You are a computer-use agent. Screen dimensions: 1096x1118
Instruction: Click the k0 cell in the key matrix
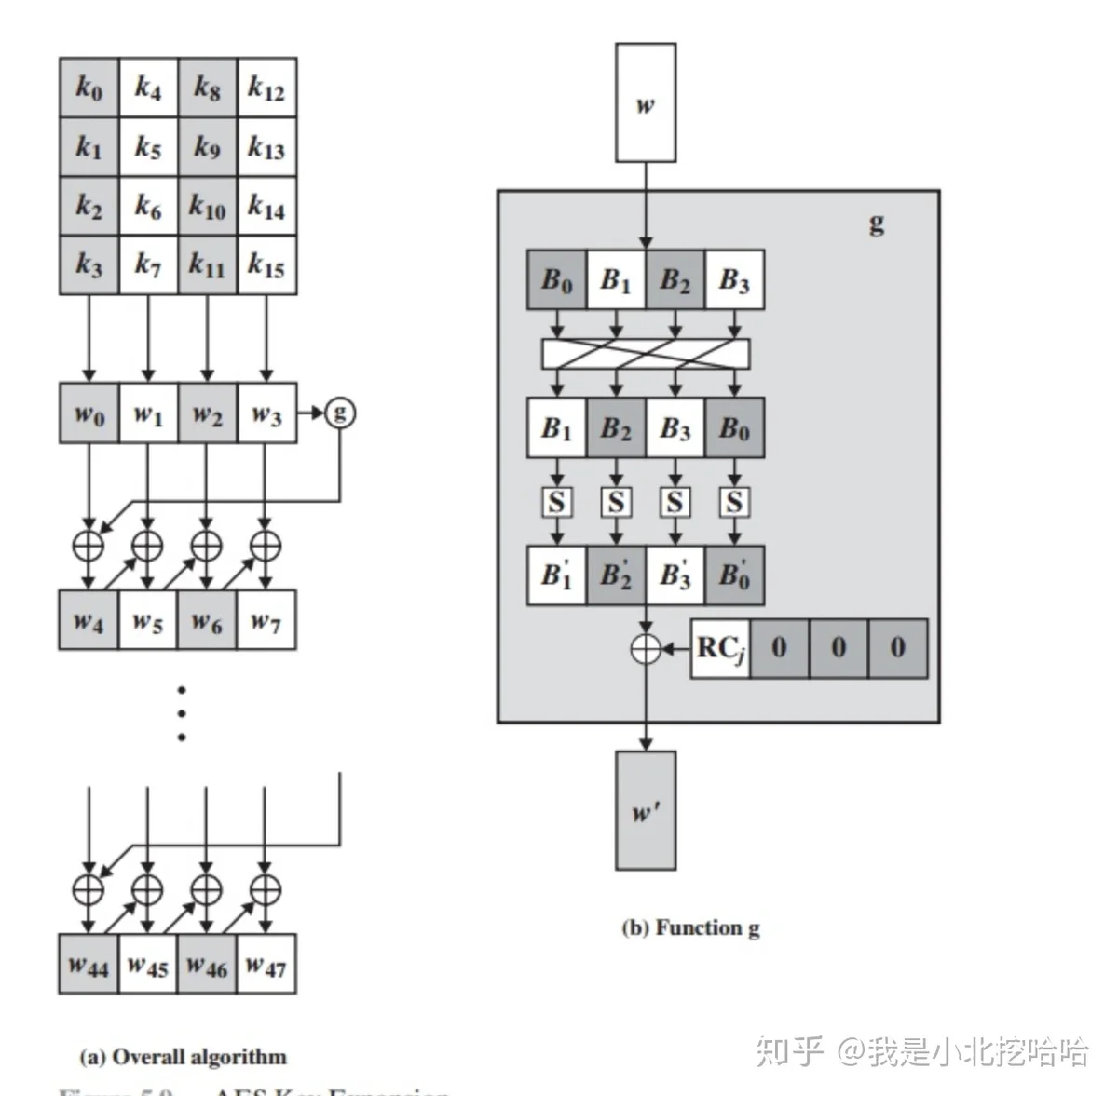[x=89, y=88]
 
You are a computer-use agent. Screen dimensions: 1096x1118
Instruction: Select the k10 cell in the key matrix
[x=207, y=207]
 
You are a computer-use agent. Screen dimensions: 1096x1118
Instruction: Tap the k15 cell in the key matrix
[x=266, y=266]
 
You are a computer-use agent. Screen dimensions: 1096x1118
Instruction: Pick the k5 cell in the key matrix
[x=148, y=147]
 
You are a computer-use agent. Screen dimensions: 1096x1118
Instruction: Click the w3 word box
[x=266, y=413]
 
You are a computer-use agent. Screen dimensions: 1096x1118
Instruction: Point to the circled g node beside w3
[x=340, y=412]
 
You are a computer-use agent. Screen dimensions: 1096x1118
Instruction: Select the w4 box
[x=89, y=619]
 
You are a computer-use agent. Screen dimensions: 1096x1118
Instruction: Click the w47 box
[x=266, y=964]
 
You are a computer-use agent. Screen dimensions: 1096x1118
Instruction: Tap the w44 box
[x=89, y=964]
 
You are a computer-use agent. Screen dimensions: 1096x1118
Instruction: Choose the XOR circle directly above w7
[x=266, y=545]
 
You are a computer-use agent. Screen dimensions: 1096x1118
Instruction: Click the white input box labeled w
[x=645, y=102]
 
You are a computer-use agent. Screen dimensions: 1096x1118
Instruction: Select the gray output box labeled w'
[x=646, y=810]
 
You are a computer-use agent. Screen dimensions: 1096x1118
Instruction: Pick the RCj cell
[x=720, y=648]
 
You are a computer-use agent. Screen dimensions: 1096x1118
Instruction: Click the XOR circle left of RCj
[x=646, y=648]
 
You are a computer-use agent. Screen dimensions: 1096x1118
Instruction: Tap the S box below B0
[x=734, y=503]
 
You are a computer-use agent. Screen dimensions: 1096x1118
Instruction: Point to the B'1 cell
[x=557, y=575]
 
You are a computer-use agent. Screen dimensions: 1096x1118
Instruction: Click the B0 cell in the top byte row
[x=557, y=279]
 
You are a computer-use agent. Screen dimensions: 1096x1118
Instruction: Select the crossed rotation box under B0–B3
[x=646, y=354]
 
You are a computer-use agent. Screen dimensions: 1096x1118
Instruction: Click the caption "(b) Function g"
[x=690, y=928]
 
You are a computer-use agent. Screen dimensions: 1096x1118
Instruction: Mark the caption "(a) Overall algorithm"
[x=183, y=1057]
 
